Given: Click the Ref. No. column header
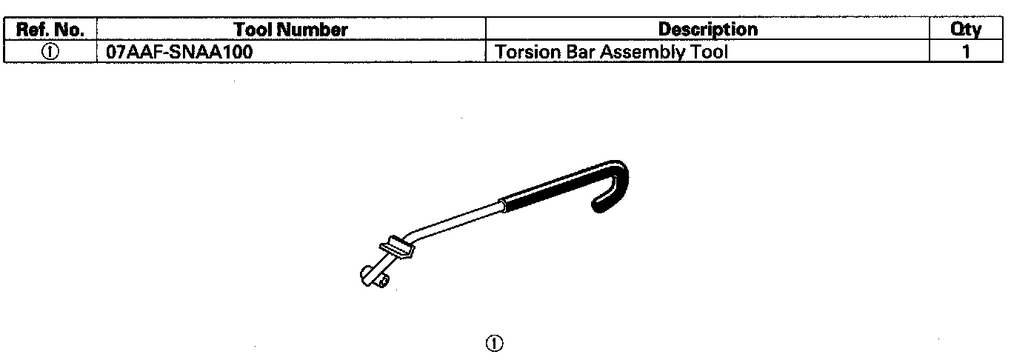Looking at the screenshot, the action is click(x=50, y=30).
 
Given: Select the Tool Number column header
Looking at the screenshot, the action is click(x=290, y=30).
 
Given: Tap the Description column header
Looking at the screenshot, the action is click(x=707, y=30).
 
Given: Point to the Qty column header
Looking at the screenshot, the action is click(x=966, y=30).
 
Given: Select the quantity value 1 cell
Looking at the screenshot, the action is click(x=966, y=53).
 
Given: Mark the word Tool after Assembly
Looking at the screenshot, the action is click(x=707, y=53).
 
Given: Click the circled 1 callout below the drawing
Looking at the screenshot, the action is click(x=494, y=343).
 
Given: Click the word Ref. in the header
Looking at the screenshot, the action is click(x=35, y=30).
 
